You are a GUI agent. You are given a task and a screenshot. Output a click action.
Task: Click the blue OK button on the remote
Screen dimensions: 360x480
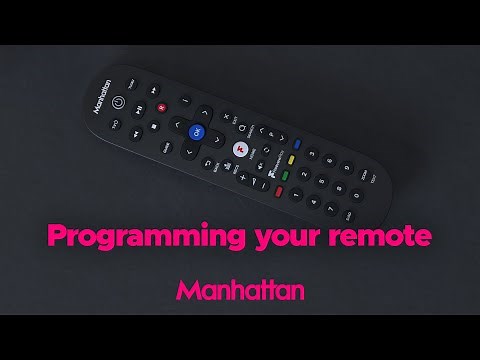tap(196, 133)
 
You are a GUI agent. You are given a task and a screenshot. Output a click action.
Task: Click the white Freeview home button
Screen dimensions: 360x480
tap(240, 150)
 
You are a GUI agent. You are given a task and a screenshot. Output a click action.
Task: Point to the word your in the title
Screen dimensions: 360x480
tap(275, 238)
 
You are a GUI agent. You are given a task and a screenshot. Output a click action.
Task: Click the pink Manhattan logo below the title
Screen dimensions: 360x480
tap(240, 290)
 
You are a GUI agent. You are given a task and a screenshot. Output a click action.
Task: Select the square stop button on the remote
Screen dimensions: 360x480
tap(152, 127)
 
